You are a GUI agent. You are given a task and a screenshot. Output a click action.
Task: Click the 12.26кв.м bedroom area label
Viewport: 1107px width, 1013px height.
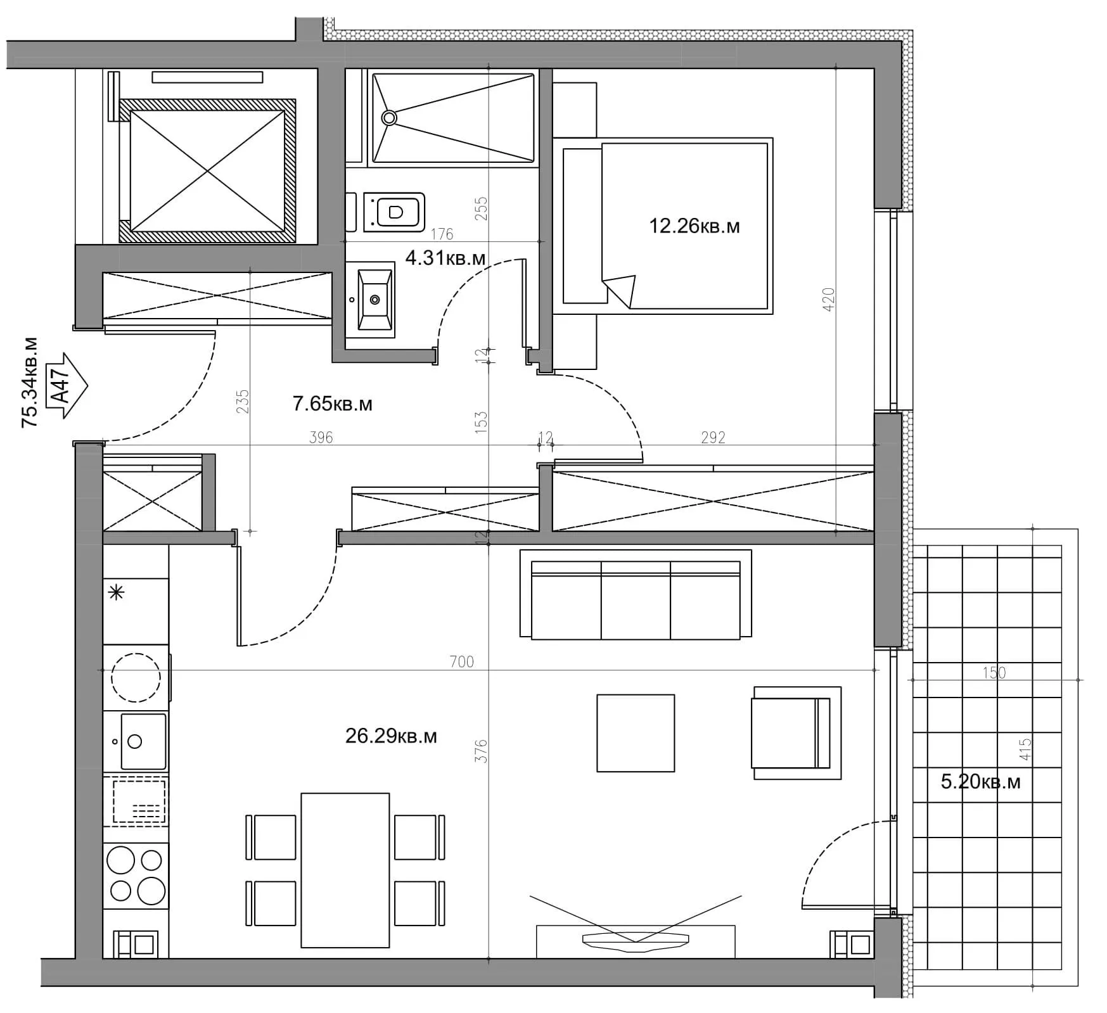click(x=694, y=226)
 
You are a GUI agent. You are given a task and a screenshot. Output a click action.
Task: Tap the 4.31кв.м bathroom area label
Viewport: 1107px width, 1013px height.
click(x=445, y=258)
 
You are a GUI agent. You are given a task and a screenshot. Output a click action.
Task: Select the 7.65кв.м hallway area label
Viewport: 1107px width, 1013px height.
click(x=332, y=404)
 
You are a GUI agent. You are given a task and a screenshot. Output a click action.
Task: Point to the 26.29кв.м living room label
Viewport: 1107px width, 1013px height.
click(x=391, y=736)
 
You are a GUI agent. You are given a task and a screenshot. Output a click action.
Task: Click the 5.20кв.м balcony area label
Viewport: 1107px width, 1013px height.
click(x=980, y=782)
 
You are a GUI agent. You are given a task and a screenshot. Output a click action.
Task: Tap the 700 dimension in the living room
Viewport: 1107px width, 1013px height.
click(x=461, y=662)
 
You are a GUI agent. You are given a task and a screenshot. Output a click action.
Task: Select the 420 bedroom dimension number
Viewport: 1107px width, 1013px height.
click(x=828, y=300)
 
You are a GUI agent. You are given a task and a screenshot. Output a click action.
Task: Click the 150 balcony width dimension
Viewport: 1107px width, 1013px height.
click(x=994, y=672)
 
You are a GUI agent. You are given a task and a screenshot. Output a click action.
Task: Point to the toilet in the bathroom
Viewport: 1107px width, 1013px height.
click(x=393, y=212)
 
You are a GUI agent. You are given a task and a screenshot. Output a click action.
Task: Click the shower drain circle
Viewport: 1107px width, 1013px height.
click(x=389, y=117)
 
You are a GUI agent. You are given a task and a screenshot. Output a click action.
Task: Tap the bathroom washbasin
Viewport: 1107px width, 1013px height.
click(x=375, y=299)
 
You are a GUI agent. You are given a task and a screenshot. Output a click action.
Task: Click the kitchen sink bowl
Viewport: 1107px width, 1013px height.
click(x=143, y=741)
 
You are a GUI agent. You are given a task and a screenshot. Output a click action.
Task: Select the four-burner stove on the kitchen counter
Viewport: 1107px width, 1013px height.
click(x=136, y=876)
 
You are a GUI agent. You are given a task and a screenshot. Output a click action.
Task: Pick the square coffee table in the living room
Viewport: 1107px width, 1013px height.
click(x=636, y=733)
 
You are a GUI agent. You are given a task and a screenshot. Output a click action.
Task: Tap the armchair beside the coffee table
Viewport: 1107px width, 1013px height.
click(x=797, y=733)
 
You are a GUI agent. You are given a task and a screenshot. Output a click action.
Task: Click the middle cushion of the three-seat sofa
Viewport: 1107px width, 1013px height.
click(x=636, y=600)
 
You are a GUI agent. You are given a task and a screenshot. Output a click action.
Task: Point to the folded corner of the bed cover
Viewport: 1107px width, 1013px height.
click(x=621, y=290)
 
